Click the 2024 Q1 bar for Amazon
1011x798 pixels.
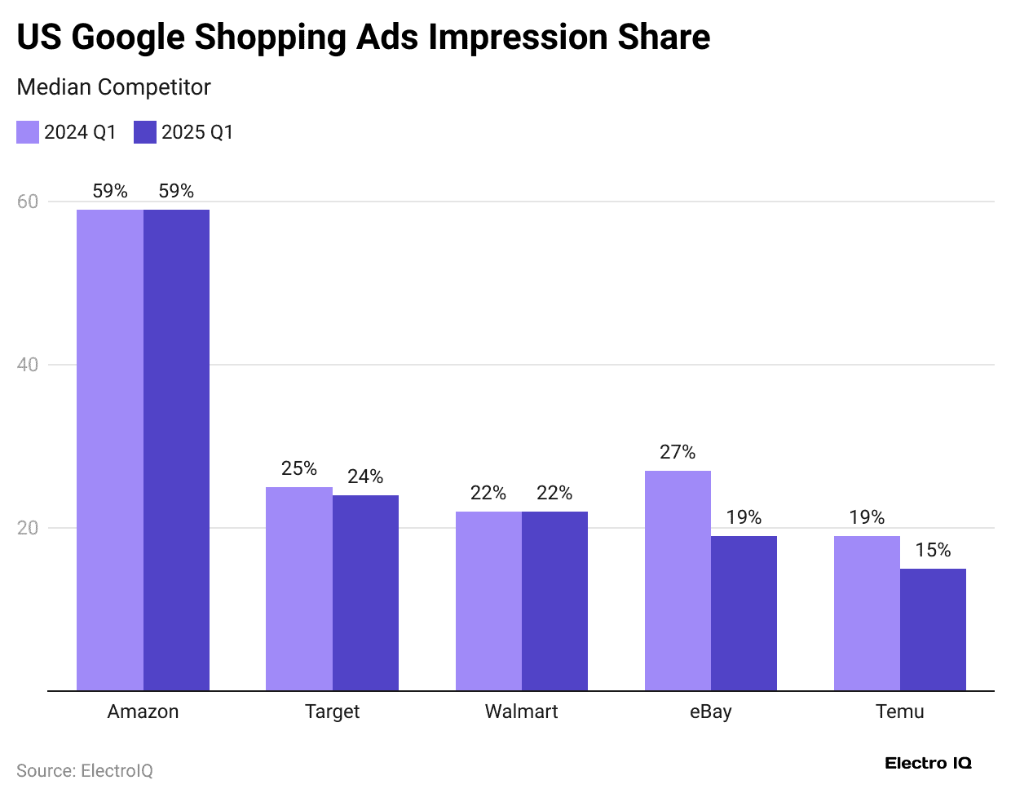(x=110, y=450)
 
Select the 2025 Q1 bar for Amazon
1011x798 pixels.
(x=176, y=450)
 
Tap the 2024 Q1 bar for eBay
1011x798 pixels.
(x=678, y=580)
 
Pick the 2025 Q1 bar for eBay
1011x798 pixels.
(x=744, y=613)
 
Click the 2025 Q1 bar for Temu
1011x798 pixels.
(x=933, y=629)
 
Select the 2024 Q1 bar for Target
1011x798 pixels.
(x=299, y=588)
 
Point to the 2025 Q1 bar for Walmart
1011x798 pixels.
(x=554, y=601)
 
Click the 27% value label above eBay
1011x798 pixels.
(x=678, y=452)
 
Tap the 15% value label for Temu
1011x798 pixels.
(x=933, y=550)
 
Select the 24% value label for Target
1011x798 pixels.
(x=365, y=477)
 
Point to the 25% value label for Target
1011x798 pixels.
(x=299, y=468)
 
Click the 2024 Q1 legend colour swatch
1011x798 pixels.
(x=28, y=132)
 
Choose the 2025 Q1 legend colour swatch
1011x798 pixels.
(x=145, y=132)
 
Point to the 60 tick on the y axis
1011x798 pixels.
(x=28, y=202)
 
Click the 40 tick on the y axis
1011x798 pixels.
(x=28, y=365)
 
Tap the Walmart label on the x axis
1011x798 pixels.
(x=521, y=712)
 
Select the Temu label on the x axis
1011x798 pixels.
(x=899, y=712)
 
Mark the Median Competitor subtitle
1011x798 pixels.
(x=113, y=87)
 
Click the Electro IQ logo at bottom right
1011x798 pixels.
(x=928, y=764)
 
